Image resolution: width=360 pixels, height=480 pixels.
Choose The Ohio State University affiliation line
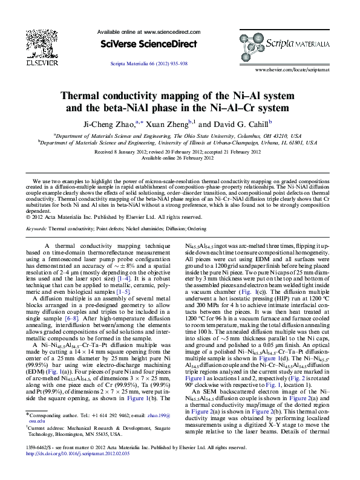pyautogui.click(x=181, y=137)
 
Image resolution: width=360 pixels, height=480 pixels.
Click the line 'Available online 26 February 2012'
pyautogui.click(x=179, y=158)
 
